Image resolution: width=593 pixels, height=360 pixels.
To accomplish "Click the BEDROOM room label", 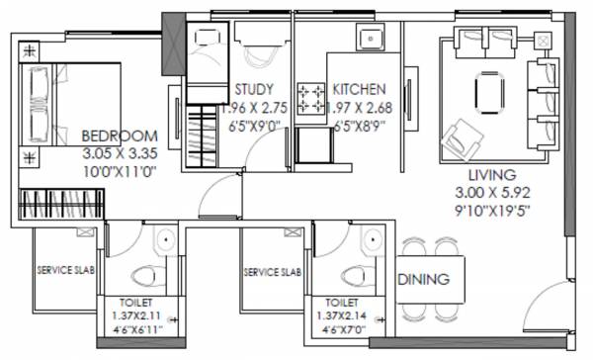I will (x=119, y=135).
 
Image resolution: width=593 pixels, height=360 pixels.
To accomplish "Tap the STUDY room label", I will (x=254, y=88).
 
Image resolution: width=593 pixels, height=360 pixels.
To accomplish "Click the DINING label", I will (x=430, y=279).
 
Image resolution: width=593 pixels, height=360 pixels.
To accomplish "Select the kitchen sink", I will (x=372, y=43).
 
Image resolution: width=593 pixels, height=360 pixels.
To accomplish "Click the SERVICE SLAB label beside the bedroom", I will (x=66, y=270).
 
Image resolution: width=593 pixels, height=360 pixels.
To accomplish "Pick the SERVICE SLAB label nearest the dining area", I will (x=272, y=270).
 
